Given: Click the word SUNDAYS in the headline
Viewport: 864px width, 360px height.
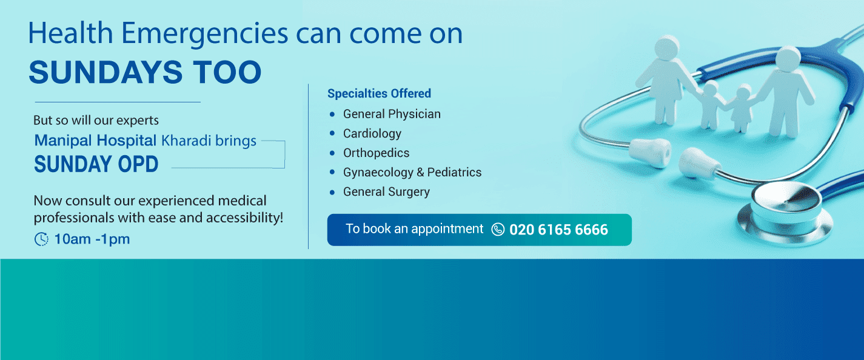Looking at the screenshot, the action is [105, 72].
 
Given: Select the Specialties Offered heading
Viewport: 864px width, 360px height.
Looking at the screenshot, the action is [379, 93].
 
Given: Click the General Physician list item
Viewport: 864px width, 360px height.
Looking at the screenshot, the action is [392, 114].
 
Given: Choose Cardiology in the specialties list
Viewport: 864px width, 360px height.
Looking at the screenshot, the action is [372, 133].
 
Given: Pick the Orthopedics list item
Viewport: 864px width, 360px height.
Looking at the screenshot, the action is [376, 153].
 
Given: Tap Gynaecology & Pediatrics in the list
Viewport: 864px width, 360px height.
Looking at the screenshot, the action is [412, 172].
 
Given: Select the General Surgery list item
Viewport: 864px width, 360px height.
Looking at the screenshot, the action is [386, 192].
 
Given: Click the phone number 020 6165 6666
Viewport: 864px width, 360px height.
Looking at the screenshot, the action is [558, 230].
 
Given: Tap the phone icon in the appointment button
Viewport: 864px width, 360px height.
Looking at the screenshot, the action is [498, 229].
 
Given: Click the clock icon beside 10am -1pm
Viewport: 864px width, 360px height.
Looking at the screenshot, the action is [41, 239].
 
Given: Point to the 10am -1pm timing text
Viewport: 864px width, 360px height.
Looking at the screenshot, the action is [92, 239].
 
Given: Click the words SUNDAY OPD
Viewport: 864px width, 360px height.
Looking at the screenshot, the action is [96, 164].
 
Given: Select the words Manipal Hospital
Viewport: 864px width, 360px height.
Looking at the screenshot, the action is [95, 141].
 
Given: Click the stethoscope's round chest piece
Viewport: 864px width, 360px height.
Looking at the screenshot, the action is [786, 216].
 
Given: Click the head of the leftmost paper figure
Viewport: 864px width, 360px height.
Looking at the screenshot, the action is [667, 48].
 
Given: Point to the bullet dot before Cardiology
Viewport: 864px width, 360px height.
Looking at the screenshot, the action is [332, 133].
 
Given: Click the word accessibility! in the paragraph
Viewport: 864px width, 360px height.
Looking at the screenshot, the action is [244, 218].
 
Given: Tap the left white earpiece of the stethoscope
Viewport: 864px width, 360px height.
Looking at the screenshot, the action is [650, 153].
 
